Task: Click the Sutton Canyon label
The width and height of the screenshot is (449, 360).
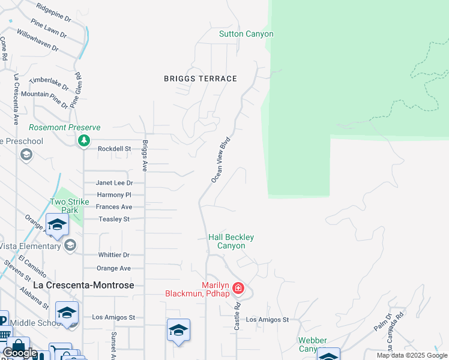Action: coord(246,34)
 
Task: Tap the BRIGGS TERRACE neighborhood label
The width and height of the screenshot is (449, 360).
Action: coord(200,79)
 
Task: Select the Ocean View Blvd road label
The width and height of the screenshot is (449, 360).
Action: coord(221,160)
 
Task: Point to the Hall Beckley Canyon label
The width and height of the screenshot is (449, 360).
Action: coord(227,241)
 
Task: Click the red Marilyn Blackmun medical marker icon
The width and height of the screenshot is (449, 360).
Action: coord(238,289)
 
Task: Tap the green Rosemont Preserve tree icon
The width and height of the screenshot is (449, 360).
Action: coord(83,140)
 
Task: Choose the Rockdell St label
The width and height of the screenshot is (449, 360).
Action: coord(114,149)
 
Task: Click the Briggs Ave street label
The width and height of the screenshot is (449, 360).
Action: coord(145,157)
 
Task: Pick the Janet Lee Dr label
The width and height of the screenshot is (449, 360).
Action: coord(114,183)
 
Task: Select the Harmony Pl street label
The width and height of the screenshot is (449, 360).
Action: coord(113,195)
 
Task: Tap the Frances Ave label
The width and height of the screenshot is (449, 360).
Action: coord(113,207)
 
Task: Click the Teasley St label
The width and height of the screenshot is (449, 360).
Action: coord(114,220)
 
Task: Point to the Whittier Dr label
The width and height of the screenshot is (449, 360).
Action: coord(114,256)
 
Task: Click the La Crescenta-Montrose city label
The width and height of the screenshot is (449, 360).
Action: coord(83,285)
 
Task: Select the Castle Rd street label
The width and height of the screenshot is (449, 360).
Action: coord(238,316)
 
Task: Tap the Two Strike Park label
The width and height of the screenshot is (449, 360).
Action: coord(65,206)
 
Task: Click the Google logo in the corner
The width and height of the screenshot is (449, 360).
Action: coord(19,353)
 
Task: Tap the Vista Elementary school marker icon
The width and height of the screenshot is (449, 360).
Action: coord(70,245)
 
